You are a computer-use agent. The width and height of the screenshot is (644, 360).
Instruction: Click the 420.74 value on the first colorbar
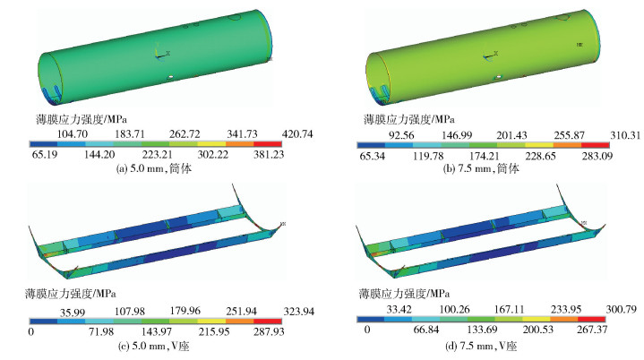coord(297,133)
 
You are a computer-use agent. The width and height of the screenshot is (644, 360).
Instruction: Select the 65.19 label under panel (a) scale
coord(45,154)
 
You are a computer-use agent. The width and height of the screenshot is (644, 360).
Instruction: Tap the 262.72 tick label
coord(185,133)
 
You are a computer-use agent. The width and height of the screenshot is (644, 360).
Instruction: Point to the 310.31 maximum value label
coord(624,135)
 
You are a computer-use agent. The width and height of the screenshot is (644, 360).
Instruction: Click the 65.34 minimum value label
coord(372,156)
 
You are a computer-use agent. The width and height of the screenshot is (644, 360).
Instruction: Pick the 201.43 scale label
coord(511,135)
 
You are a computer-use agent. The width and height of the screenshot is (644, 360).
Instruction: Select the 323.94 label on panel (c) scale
coord(298,312)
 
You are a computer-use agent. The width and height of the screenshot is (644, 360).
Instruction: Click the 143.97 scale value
coord(157,331)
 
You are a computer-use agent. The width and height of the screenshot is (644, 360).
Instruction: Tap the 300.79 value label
coord(621,309)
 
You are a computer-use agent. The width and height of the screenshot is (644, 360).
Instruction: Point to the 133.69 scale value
coord(482,330)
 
